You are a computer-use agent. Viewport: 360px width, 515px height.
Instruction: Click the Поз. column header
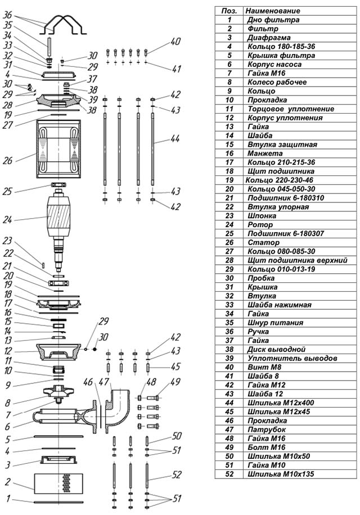[x=229, y=11]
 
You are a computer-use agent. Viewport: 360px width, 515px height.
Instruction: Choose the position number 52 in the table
[x=229, y=474]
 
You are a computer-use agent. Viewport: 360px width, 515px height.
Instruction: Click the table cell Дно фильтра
[x=273, y=20]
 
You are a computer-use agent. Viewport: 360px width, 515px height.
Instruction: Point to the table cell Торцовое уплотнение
[x=291, y=109]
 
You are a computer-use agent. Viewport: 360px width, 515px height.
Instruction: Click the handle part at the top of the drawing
[x=64, y=24]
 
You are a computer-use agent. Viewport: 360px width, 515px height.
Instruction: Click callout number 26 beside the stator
[x=7, y=160]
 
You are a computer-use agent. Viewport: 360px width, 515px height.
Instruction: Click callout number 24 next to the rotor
[x=7, y=219]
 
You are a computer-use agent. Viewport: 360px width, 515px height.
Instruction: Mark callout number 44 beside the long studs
[x=175, y=139]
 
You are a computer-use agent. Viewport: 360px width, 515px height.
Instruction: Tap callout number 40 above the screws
[x=175, y=42]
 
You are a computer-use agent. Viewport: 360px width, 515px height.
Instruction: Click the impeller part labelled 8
[x=59, y=391]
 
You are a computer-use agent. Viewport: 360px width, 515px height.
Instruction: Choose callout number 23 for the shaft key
[x=7, y=241]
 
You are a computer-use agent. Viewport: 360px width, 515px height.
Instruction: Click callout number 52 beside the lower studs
[x=177, y=475]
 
